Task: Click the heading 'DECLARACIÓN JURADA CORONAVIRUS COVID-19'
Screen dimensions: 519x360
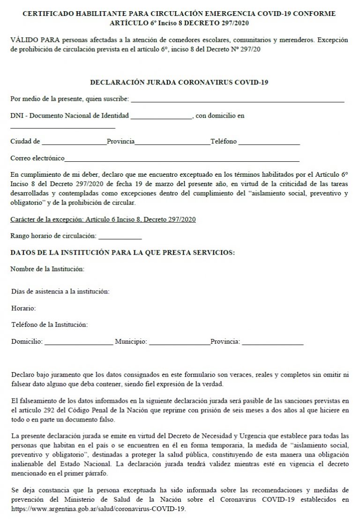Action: pos(179,83)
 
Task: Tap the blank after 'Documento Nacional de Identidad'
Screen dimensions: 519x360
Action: pos(161,117)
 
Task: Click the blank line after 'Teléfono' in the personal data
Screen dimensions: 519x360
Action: pos(269,142)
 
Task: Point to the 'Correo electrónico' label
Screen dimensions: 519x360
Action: pos(37,158)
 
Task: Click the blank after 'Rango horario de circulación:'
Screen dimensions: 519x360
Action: pos(120,236)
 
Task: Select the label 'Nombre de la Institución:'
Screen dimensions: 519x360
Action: pos(47,269)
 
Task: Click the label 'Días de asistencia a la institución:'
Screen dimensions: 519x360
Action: pos(60,292)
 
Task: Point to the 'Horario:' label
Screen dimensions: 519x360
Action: pos(24,308)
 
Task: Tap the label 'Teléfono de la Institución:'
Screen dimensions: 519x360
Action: pos(50,324)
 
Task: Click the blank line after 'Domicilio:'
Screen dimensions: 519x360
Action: pos(78,342)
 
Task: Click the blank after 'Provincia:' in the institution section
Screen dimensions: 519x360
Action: pos(272,342)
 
